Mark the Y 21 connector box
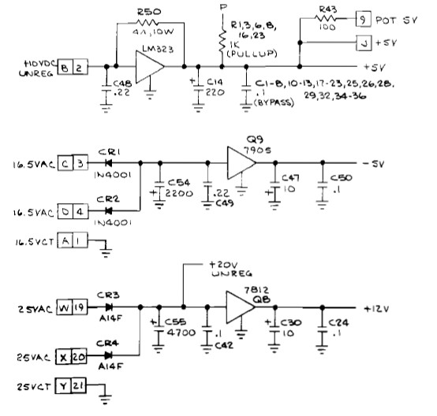72,387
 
